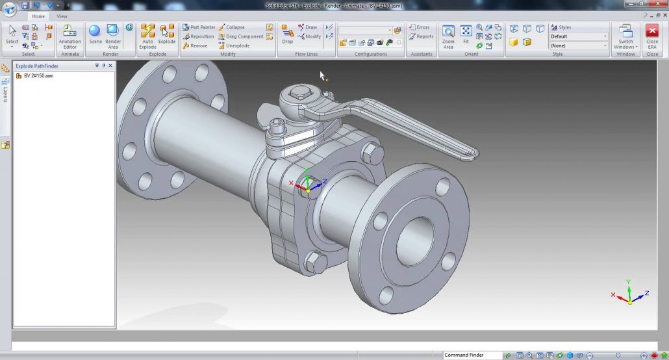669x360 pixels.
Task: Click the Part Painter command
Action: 199,27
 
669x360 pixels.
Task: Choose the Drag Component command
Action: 240,36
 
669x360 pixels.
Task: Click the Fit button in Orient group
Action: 466,35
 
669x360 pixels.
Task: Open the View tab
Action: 62,16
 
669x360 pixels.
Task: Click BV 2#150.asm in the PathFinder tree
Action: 38,76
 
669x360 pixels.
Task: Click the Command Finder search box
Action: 472,355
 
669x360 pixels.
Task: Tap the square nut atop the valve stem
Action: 301,95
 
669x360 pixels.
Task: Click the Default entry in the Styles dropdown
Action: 578,36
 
